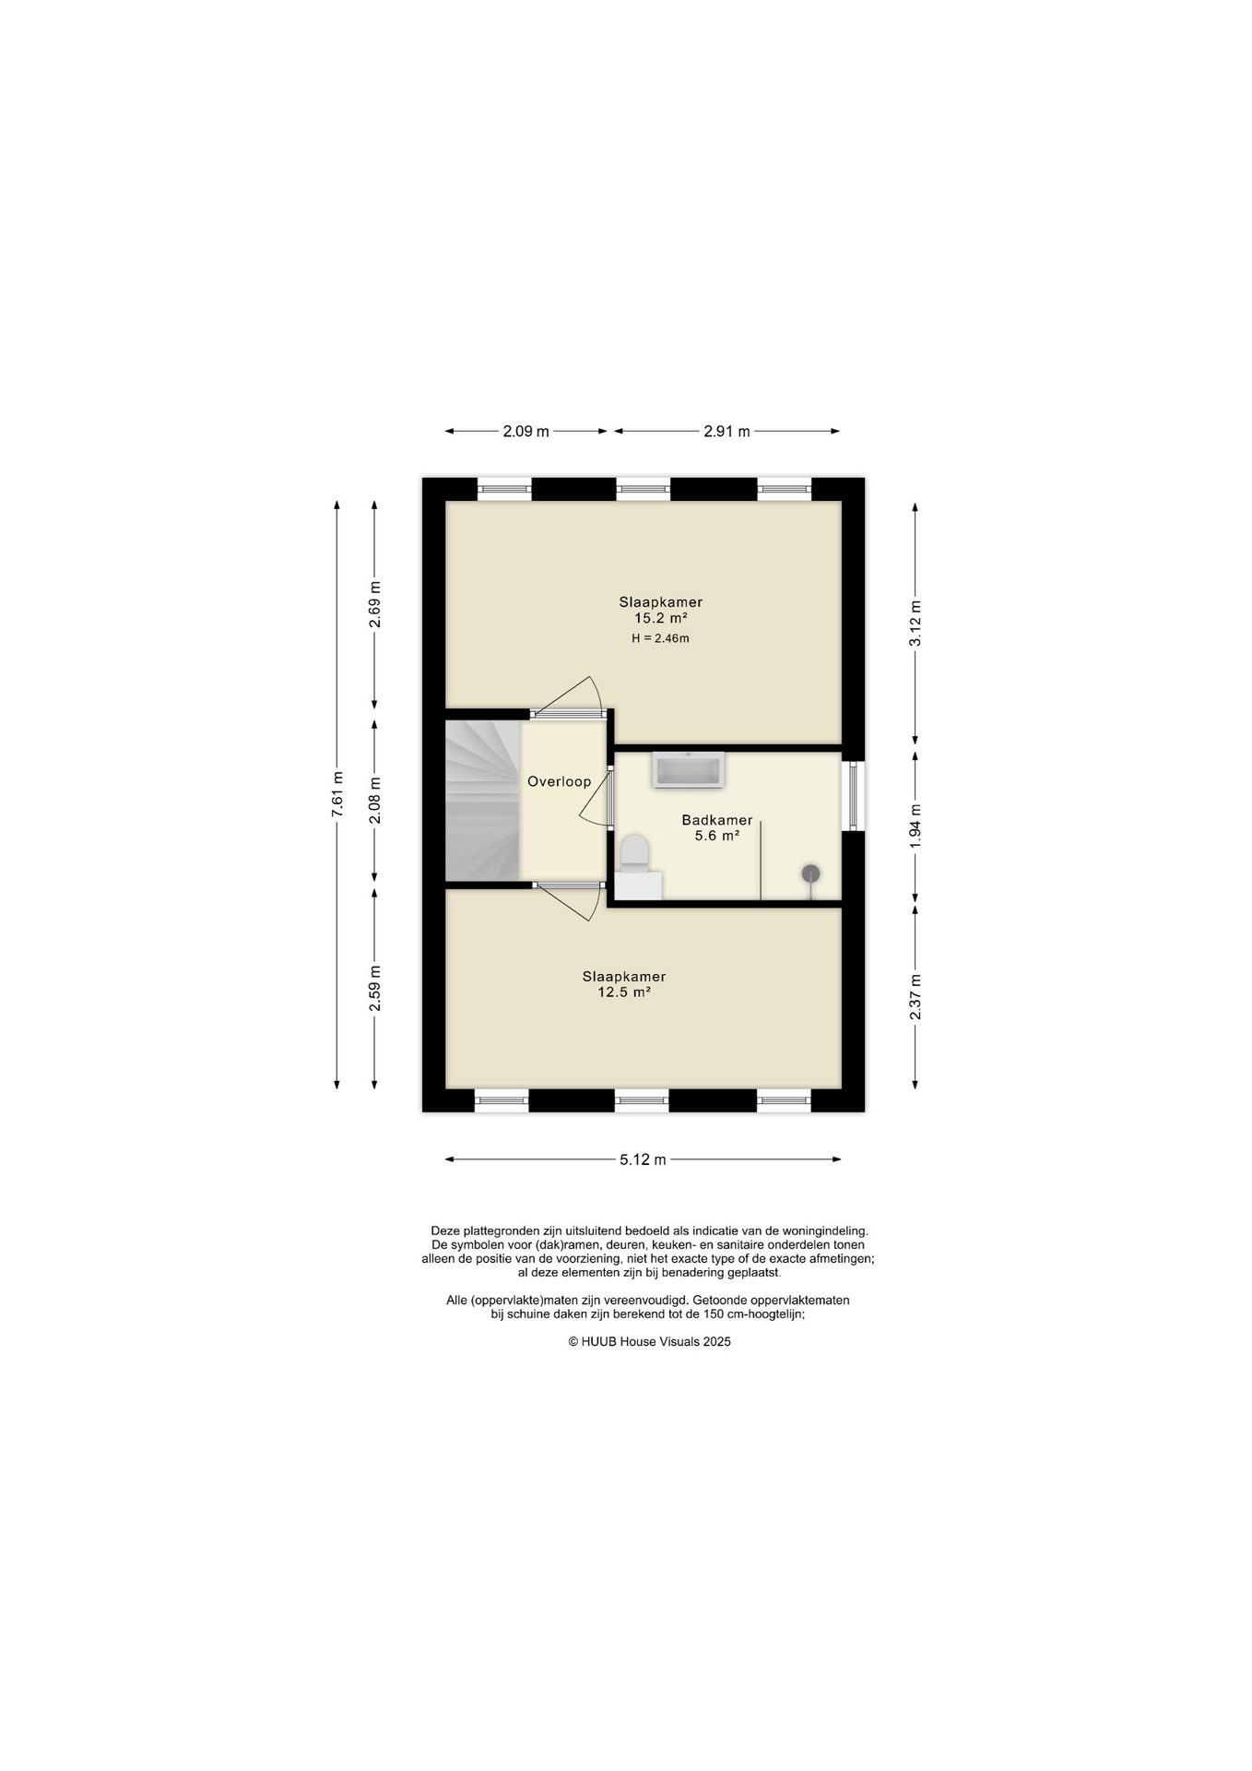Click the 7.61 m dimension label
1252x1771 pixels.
click(x=337, y=793)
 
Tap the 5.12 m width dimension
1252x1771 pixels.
click(x=643, y=1159)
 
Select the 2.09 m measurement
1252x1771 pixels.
click(x=526, y=431)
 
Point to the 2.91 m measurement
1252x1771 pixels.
click(x=726, y=431)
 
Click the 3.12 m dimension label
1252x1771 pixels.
click(x=915, y=624)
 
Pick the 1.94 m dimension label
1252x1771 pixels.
click(x=915, y=826)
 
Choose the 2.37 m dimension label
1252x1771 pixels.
click(x=915, y=997)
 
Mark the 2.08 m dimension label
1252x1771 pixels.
click(x=374, y=800)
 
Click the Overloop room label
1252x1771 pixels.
click(x=559, y=781)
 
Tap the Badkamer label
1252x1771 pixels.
click(x=717, y=820)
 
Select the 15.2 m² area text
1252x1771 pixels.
click(x=661, y=618)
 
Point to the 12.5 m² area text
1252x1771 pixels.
click(x=624, y=992)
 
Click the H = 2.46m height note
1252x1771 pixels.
click(x=660, y=638)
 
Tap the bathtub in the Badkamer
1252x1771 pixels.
click(x=688, y=770)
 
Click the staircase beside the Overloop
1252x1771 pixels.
click(x=483, y=801)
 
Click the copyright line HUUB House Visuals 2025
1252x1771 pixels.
click(x=649, y=1342)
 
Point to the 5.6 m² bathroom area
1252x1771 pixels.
click(x=717, y=836)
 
